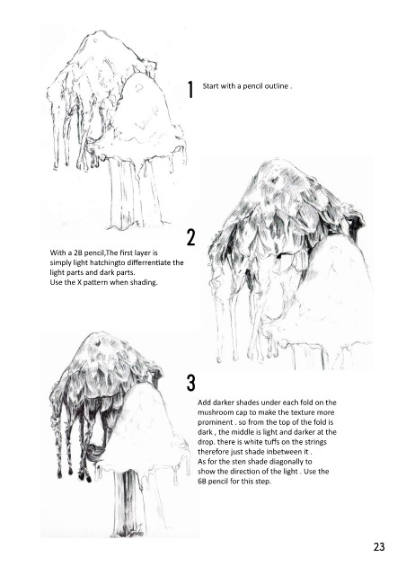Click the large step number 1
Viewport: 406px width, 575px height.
pyautogui.click(x=190, y=90)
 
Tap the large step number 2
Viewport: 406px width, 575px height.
pyautogui.click(x=191, y=237)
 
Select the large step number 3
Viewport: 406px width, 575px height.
pyautogui.click(x=191, y=383)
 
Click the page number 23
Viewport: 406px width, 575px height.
pyautogui.click(x=379, y=547)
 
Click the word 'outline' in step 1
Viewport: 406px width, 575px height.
pyautogui.click(x=277, y=86)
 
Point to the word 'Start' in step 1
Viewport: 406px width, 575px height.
pyautogui.click(x=210, y=86)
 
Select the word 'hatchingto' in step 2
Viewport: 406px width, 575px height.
pyautogui.click(x=100, y=263)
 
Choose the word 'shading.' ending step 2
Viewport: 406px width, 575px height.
pyautogui.click(x=144, y=283)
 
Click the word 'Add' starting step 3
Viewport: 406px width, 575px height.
pyautogui.click(x=204, y=402)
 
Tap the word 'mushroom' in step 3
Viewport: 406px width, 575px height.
pyautogui.click(x=214, y=412)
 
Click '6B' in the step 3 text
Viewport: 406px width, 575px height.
pyautogui.click(x=202, y=482)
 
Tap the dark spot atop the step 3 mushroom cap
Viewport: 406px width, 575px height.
pyautogui.click(x=98, y=343)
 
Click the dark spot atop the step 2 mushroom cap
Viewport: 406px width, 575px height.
pyautogui.click(x=274, y=180)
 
